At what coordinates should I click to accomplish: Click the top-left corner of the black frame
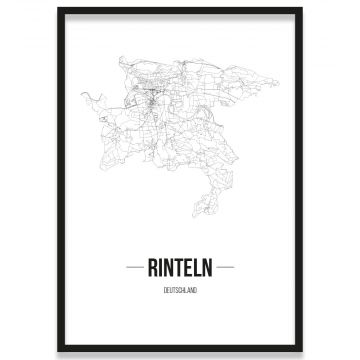59,9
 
